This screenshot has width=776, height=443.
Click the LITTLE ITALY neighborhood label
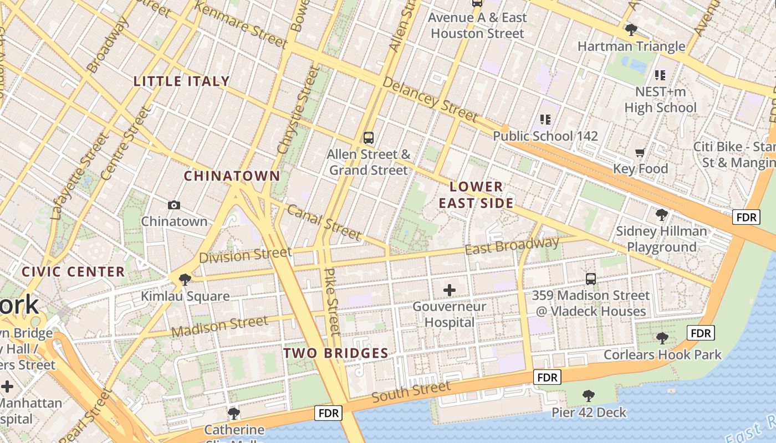click(181, 81)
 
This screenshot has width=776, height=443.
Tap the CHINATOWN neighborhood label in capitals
click(232, 176)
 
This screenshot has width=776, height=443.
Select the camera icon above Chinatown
click(173, 205)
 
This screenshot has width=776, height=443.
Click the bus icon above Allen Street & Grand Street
click(368, 137)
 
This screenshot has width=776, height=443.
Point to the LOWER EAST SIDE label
click(476, 195)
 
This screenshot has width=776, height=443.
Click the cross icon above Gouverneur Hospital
click(450, 290)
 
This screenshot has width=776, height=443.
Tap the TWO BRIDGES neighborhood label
click(336, 353)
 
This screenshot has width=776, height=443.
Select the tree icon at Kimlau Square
click(185, 280)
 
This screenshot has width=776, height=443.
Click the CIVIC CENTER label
click(73, 272)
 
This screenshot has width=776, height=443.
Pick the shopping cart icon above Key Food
click(640, 152)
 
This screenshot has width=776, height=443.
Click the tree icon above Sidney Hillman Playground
click(661, 215)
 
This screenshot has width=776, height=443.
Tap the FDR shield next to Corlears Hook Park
click(701, 333)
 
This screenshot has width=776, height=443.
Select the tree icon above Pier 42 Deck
click(589, 396)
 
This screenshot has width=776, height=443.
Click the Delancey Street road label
click(430, 100)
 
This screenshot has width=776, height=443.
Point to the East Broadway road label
click(512, 246)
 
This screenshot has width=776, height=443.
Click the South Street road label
click(411, 392)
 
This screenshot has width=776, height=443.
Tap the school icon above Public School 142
click(545, 120)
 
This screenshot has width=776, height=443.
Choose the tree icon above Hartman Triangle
click(631, 29)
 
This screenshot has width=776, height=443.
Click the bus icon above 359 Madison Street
click(591, 279)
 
